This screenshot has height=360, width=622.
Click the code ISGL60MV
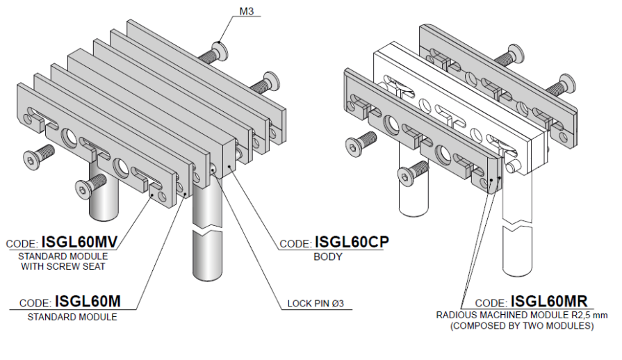79,242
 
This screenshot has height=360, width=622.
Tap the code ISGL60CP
351,242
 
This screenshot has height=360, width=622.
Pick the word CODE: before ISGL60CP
295,245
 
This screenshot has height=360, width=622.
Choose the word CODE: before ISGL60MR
491,304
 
